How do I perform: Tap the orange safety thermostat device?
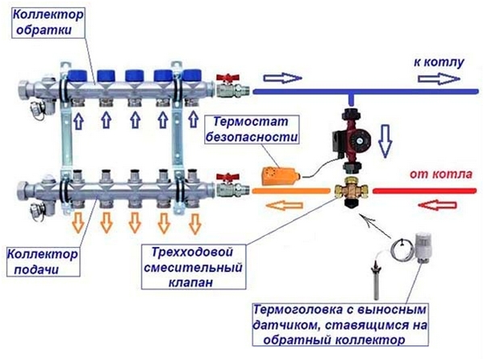point(275,173)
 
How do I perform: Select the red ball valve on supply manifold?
point(228,182)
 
